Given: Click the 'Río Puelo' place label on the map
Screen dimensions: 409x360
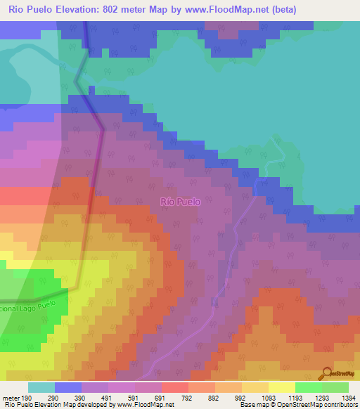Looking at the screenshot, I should (x=181, y=202).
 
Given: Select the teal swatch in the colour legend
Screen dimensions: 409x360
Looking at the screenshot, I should (x=41, y=387).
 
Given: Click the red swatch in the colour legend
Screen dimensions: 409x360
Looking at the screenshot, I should (x=175, y=387).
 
